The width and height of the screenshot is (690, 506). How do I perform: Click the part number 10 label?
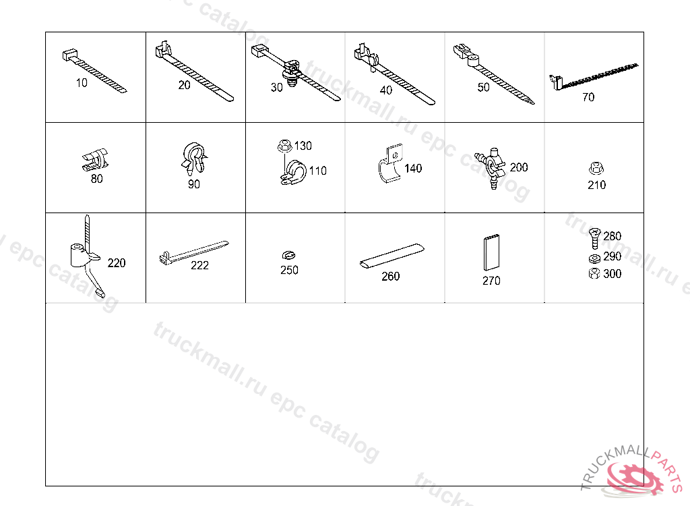coord(82,83)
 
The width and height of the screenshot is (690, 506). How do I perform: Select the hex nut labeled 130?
coord(285,145)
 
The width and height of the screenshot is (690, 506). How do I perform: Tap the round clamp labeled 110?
coord(294,173)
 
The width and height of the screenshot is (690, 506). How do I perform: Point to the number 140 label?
coord(413,169)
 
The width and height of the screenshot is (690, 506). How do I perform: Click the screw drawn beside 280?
coord(594,237)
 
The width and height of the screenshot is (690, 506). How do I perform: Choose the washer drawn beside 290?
coord(594,258)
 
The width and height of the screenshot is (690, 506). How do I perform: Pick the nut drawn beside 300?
coord(594,273)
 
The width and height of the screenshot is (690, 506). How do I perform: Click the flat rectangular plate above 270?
coord(491,252)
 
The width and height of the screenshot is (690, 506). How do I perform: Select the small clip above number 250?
coord(288,255)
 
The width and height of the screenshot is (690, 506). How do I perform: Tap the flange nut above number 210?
coord(596,168)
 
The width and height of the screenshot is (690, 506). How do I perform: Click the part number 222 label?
coord(199,265)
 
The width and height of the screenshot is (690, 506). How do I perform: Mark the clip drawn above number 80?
coord(96,159)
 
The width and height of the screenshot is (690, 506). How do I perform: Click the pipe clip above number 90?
coord(194,159)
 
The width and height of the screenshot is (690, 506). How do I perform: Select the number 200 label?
coord(519,167)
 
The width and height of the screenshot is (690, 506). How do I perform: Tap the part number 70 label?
coord(588,97)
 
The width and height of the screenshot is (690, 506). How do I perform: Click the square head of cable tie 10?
coord(69,55)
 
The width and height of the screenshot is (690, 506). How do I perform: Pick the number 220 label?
coord(116,263)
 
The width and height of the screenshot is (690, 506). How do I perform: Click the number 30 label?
coord(276,88)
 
